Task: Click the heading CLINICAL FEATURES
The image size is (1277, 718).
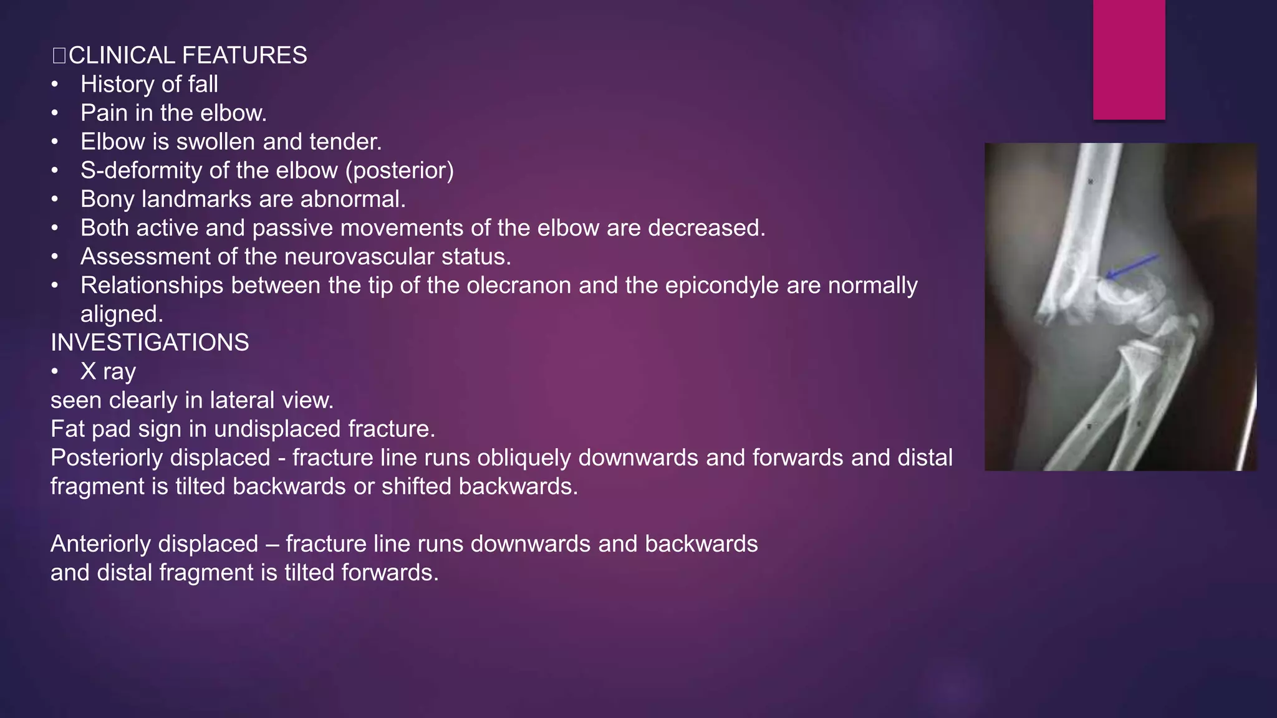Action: coord(187,55)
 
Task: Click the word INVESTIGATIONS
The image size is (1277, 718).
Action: coord(150,343)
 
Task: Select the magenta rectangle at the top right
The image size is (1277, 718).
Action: coord(1129,59)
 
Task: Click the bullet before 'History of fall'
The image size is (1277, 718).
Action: coord(55,85)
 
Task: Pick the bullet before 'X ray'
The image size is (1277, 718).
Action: coord(55,371)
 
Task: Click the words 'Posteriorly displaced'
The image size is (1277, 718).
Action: coord(160,457)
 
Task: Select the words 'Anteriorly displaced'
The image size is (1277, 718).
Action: coord(154,543)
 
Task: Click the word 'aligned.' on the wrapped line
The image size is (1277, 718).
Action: coord(122,314)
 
